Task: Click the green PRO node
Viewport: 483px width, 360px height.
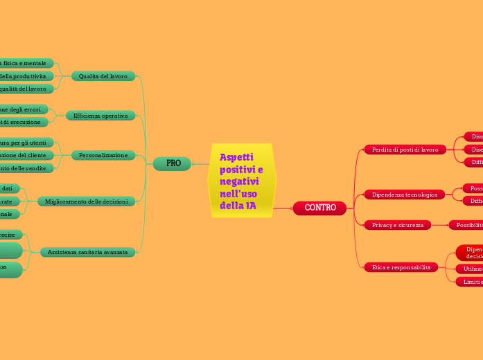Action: click(173, 163)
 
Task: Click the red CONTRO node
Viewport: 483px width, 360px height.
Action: click(319, 208)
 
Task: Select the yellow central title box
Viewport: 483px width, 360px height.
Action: click(242, 181)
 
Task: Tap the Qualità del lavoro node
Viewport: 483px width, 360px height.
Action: click(103, 76)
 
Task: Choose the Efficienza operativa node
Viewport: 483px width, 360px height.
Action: click(100, 116)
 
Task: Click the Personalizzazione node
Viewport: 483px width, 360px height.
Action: click(103, 155)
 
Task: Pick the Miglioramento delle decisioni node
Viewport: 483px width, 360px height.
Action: click(86, 201)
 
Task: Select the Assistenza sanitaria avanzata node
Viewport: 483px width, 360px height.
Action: click(87, 253)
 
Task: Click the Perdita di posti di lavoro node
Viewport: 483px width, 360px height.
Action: click(405, 150)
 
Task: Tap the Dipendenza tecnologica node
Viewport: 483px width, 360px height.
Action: click(405, 195)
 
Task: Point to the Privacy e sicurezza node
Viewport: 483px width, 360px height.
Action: click(398, 225)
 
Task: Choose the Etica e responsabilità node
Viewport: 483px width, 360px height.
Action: click(401, 267)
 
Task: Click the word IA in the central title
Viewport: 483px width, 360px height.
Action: click(250, 206)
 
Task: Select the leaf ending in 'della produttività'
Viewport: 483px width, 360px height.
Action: click(24, 76)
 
